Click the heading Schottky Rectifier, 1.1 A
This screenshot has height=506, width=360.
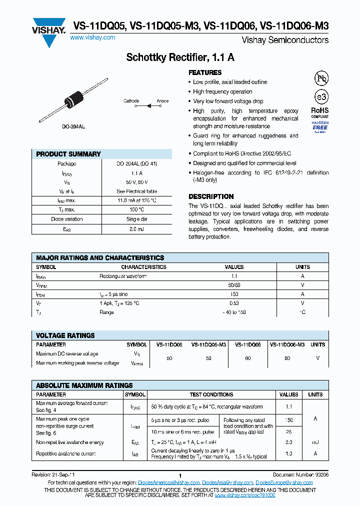click(x=180, y=57)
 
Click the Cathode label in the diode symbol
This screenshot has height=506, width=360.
click(x=131, y=101)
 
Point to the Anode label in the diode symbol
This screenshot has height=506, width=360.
click(x=162, y=101)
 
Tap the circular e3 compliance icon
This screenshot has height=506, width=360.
click(x=320, y=97)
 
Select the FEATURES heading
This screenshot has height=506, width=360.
click(x=205, y=72)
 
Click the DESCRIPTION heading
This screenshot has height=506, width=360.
click(x=211, y=196)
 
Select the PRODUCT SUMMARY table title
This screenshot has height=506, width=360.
click(x=68, y=154)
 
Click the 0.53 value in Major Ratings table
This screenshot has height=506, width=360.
click(x=234, y=303)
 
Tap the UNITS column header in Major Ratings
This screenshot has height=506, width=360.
click(x=302, y=267)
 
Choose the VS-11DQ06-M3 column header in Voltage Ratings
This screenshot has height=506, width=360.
click(x=287, y=344)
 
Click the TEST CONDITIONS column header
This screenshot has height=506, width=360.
click(x=211, y=394)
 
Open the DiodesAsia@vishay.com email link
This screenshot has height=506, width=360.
click(x=227, y=482)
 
